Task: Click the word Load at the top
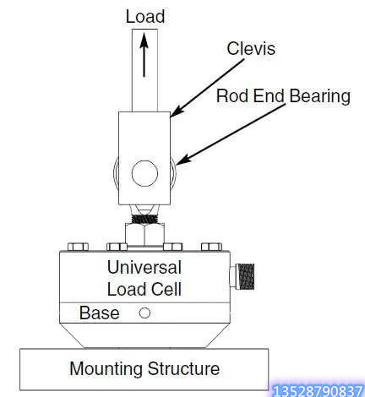145,17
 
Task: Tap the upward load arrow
144,55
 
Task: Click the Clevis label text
251,48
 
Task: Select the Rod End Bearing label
283,96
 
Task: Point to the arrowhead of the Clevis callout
176,112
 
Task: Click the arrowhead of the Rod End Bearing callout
182,160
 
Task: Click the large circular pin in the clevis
144,173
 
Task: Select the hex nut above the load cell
144,234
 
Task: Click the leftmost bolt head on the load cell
79,247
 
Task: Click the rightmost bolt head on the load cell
212,247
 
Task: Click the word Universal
144,267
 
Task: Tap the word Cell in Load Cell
166,289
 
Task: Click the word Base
99,313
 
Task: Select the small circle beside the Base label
144,313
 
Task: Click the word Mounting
106,369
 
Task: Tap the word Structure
183,368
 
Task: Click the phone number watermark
318,391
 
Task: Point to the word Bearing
320,96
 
